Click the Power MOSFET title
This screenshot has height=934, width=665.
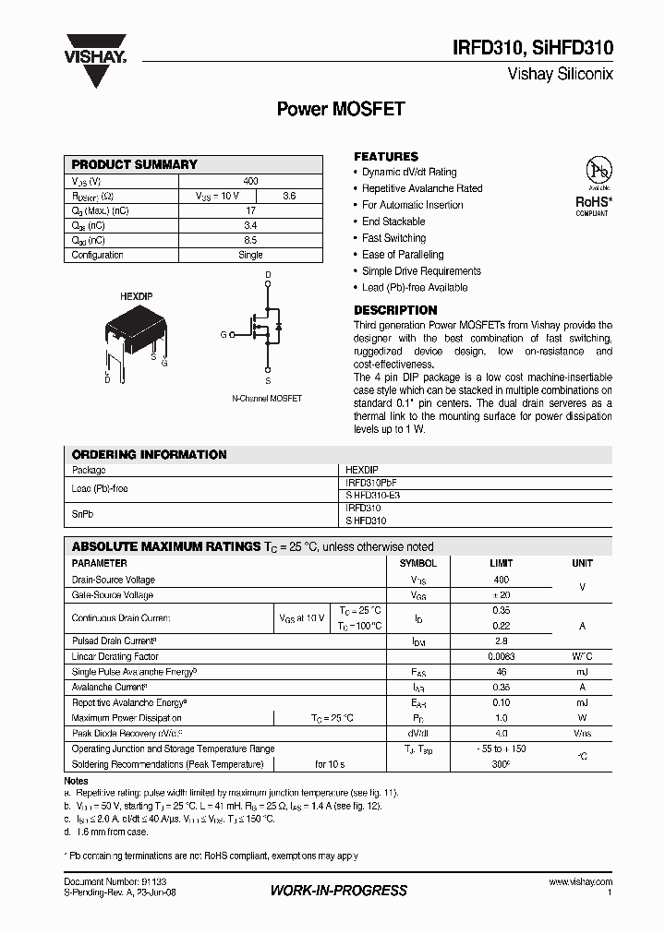(341, 109)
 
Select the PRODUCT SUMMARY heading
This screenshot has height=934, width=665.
(135, 164)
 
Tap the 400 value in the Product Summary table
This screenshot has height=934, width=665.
(250, 181)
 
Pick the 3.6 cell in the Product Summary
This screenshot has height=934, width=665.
(288, 196)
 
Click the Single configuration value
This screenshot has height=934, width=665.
(250, 255)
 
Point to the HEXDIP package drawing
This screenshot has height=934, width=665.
(134, 337)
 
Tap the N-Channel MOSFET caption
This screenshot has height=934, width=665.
(266, 399)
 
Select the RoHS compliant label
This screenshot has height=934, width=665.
(594, 203)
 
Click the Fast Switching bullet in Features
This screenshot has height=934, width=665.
(393, 238)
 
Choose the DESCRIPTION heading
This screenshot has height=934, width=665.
(395, 310)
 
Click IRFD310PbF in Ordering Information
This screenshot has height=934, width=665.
(371, 483)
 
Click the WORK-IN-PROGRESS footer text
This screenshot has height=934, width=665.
(338, 891)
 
